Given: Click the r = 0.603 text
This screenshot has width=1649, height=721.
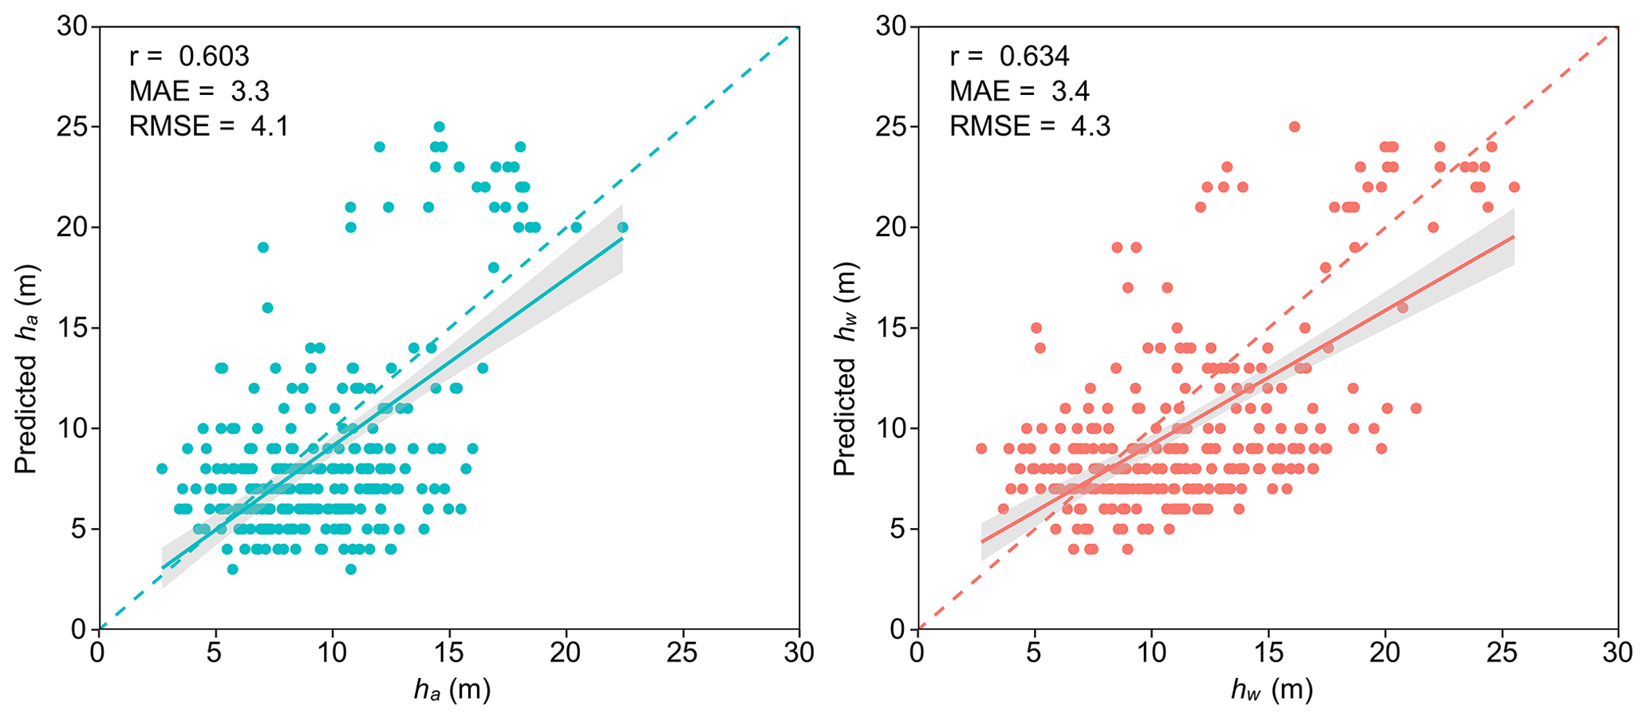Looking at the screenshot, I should [x=189, y=57].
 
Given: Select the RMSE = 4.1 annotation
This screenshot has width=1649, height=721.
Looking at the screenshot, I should [x=209, y=126].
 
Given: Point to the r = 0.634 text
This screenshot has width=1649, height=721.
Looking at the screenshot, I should [x=1009, y=57].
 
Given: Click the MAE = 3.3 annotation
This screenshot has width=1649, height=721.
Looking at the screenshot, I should [x=199, y=92].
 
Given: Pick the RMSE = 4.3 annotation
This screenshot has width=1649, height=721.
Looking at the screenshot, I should [x=1030, y=126].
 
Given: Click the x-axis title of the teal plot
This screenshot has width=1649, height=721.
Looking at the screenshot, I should [x=452, y=689].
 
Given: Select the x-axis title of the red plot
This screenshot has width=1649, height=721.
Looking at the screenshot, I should [x=1272, y=689].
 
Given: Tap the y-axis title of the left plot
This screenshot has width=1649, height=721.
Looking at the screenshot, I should [x=27, y=368].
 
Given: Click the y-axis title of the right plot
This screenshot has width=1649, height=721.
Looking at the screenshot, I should [x=846, y=368].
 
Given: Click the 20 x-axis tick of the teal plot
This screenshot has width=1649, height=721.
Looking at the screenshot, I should [x=566, y=652].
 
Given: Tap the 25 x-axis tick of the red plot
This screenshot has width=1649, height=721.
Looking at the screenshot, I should [x=1502, y=652].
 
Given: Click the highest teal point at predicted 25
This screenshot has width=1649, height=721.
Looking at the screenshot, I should [x=439, y=127].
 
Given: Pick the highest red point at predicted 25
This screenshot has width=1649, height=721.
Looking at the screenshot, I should [x=1295, y=127].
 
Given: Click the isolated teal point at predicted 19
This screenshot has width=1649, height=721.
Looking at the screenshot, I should [x=263, y=247].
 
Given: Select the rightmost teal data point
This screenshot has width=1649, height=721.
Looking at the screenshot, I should [x=622, y=227].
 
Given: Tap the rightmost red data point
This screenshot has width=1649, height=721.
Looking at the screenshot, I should [x=1514, y=187].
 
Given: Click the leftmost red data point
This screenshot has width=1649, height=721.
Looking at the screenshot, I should [x=981, y=448].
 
